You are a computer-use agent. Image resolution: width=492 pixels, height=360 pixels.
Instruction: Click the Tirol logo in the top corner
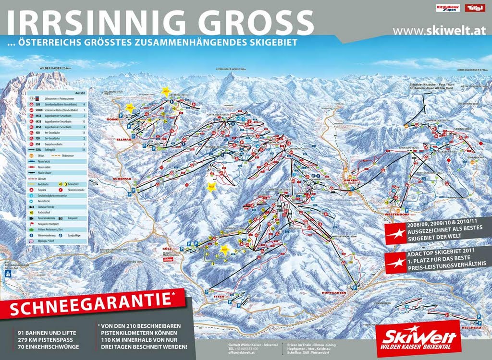pyautogui.click(x=475, y=8)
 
